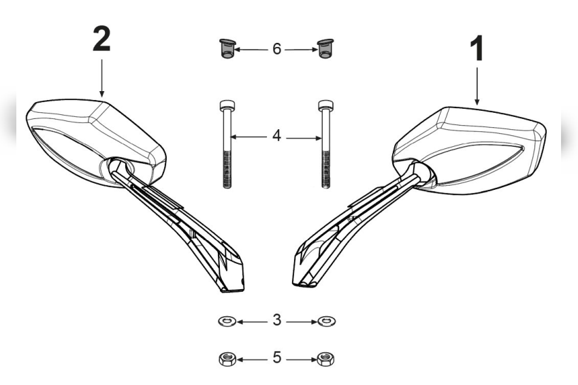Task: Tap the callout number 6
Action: coord(276,50)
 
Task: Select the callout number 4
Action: coord(276,136)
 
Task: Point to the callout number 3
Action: coord(276,319)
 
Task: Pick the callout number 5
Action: coord(276,357)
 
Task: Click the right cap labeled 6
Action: coord(325,50)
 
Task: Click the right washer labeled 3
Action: coord(326,320)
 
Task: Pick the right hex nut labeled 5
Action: coord(326,358)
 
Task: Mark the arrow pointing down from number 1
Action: coord(477,85)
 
